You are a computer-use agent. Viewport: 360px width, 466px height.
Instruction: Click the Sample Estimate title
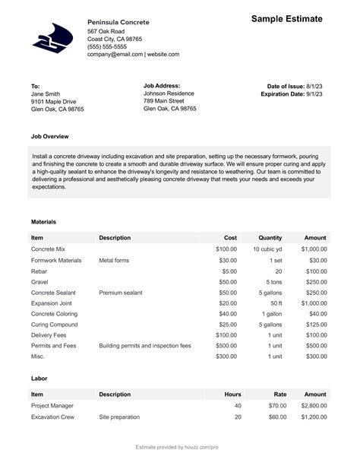pyautogui.click(x=286, y=18)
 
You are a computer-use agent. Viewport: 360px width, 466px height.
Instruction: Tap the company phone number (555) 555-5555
pyautogui.click(x=107, y=46)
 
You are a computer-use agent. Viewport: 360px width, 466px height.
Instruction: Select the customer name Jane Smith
pyautogui.click(x=47, y=94)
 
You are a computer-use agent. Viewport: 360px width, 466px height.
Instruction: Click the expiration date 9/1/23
pyautogui.click(x=314, y=94)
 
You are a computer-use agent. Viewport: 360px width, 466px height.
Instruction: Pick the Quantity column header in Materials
pyautogui.click(x=270, y=238)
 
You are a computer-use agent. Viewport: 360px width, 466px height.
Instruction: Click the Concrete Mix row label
pyautogui.click(x=48, y=249)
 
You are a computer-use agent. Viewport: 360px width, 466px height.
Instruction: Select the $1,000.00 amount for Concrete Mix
pyautogui.click(x=314, y=249)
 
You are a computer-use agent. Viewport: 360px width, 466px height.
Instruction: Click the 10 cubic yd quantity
pyautogui.click(x=267, y=249)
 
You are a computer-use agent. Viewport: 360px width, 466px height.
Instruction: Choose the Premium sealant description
pyautogui.click(x=121, y=292)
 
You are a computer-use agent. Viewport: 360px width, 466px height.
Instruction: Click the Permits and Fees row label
pyautogui.click(x=53, y=345)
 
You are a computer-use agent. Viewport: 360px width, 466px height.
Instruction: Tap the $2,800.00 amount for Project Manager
pyautogui.click(x=314, y=406)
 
